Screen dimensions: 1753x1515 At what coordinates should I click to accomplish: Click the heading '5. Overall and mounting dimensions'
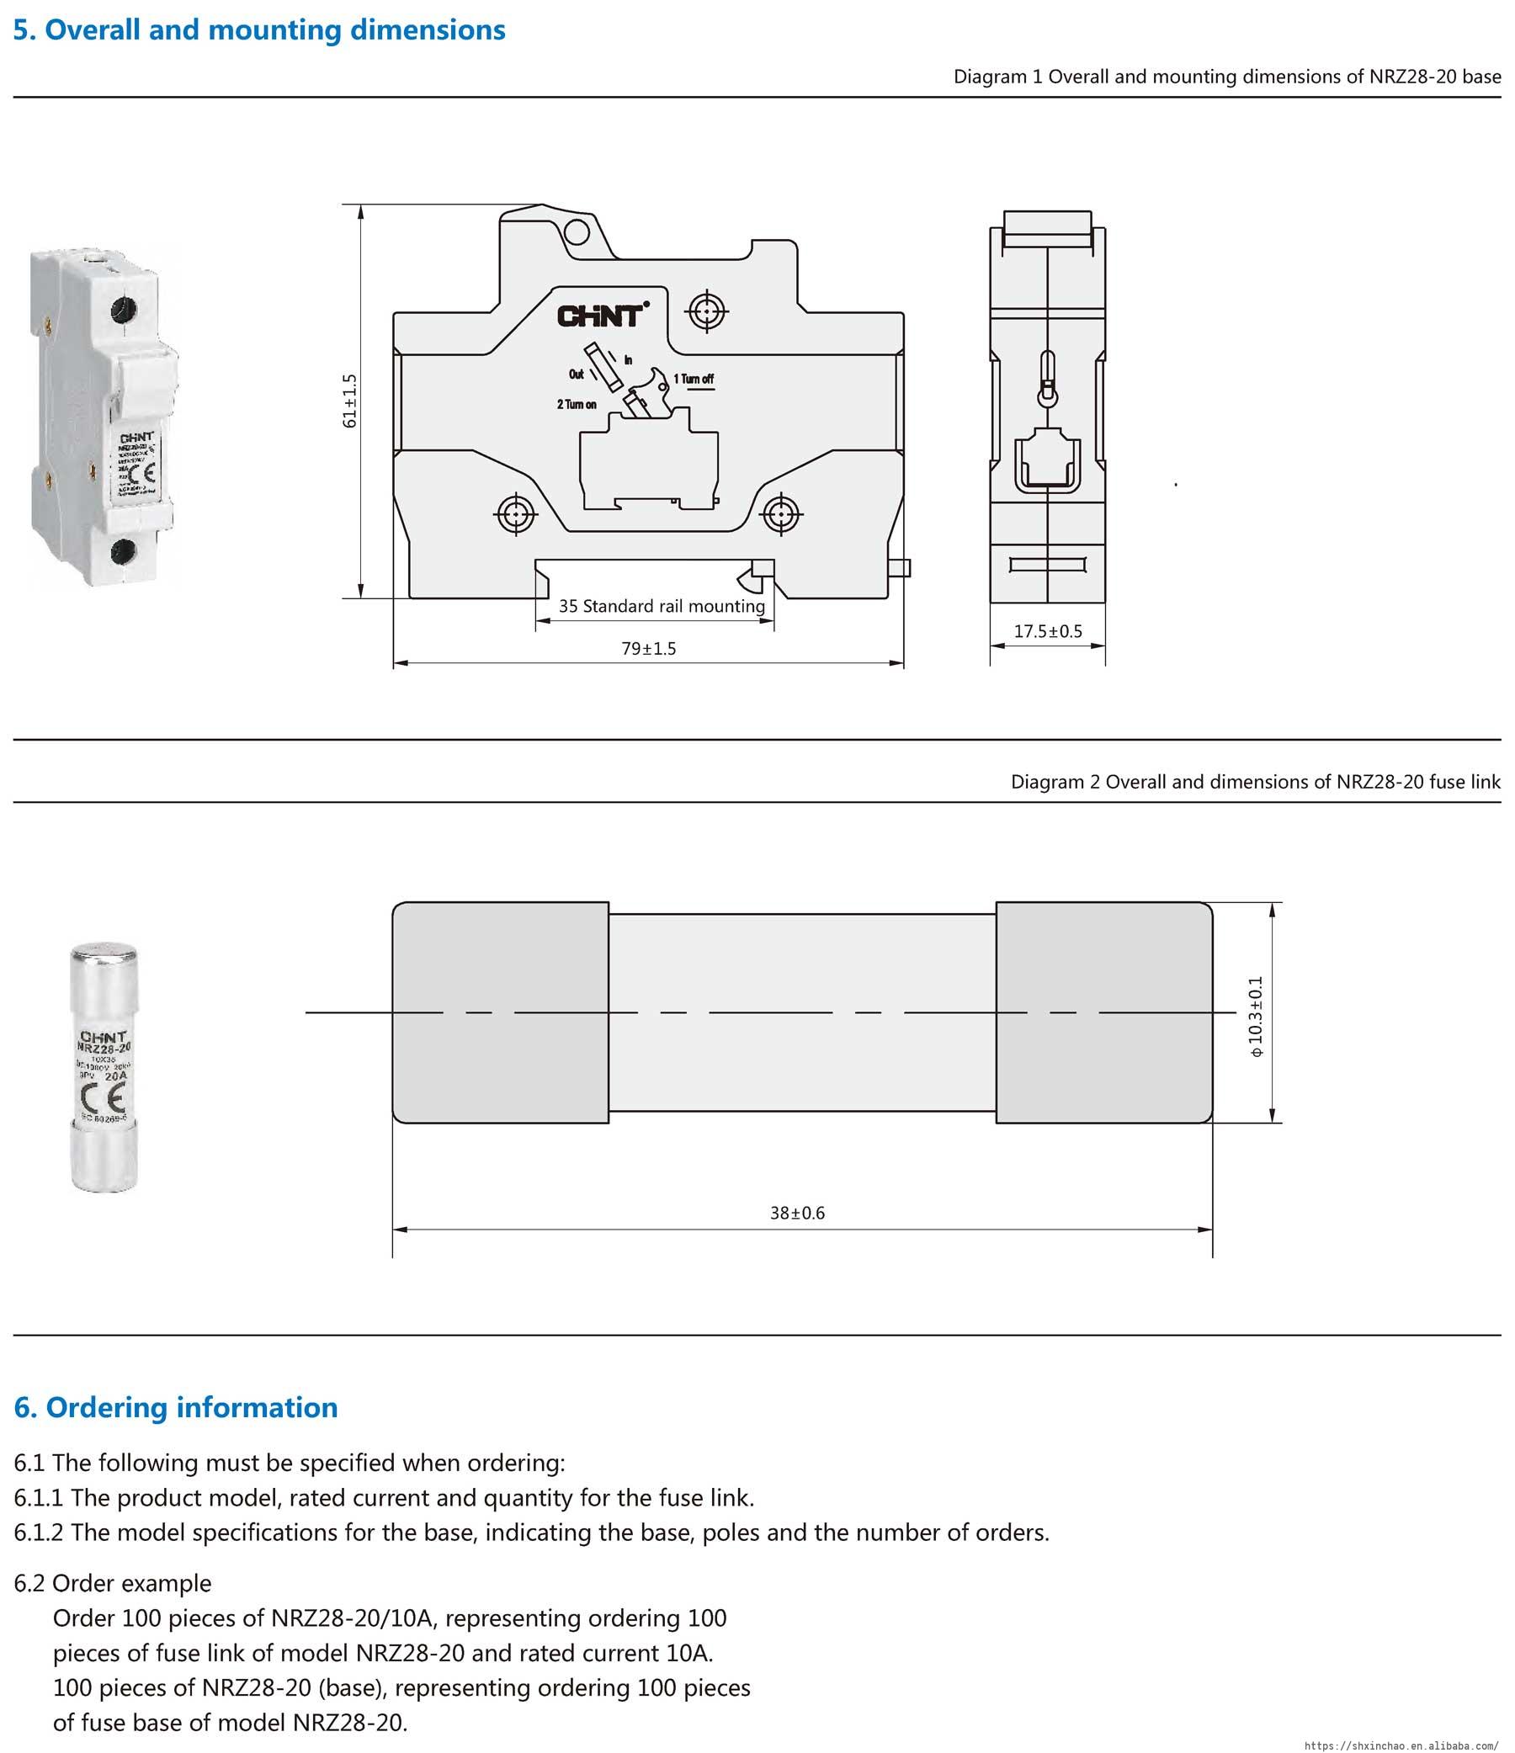pos(259,30)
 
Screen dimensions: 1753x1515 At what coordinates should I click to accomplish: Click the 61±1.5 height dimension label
pos(349,401)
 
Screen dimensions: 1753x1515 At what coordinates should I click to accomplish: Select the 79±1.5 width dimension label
pos(648,649)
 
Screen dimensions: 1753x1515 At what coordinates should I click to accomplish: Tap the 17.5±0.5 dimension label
pos(1048,631)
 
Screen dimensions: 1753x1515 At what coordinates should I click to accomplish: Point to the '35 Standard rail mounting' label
pos(661,607)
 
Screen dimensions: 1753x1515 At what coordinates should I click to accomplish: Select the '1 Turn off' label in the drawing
pos(694,379)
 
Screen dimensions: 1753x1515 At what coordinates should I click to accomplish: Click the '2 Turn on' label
pos(577,405)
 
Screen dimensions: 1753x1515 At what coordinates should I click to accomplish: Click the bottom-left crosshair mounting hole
pos(515,513)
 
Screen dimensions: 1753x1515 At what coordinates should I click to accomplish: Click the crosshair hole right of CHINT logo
pos(706,312)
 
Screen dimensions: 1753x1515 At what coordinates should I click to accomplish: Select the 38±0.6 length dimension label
pos(797,1214)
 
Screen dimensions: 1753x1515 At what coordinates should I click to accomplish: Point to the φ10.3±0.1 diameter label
pos(1255,1016)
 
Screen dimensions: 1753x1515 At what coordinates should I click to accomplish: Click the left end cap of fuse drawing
pos(500,1012)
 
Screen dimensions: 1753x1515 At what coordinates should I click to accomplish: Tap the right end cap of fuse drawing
pos(1103,1012)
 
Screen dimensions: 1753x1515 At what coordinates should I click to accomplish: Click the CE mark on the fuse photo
pos(104,1098)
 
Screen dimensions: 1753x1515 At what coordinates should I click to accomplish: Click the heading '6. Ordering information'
pos(176,1407)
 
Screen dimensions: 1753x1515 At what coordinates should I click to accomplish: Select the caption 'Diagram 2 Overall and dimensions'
pos(1255,782)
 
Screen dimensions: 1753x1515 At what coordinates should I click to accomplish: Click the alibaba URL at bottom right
pos(1406,1745)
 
